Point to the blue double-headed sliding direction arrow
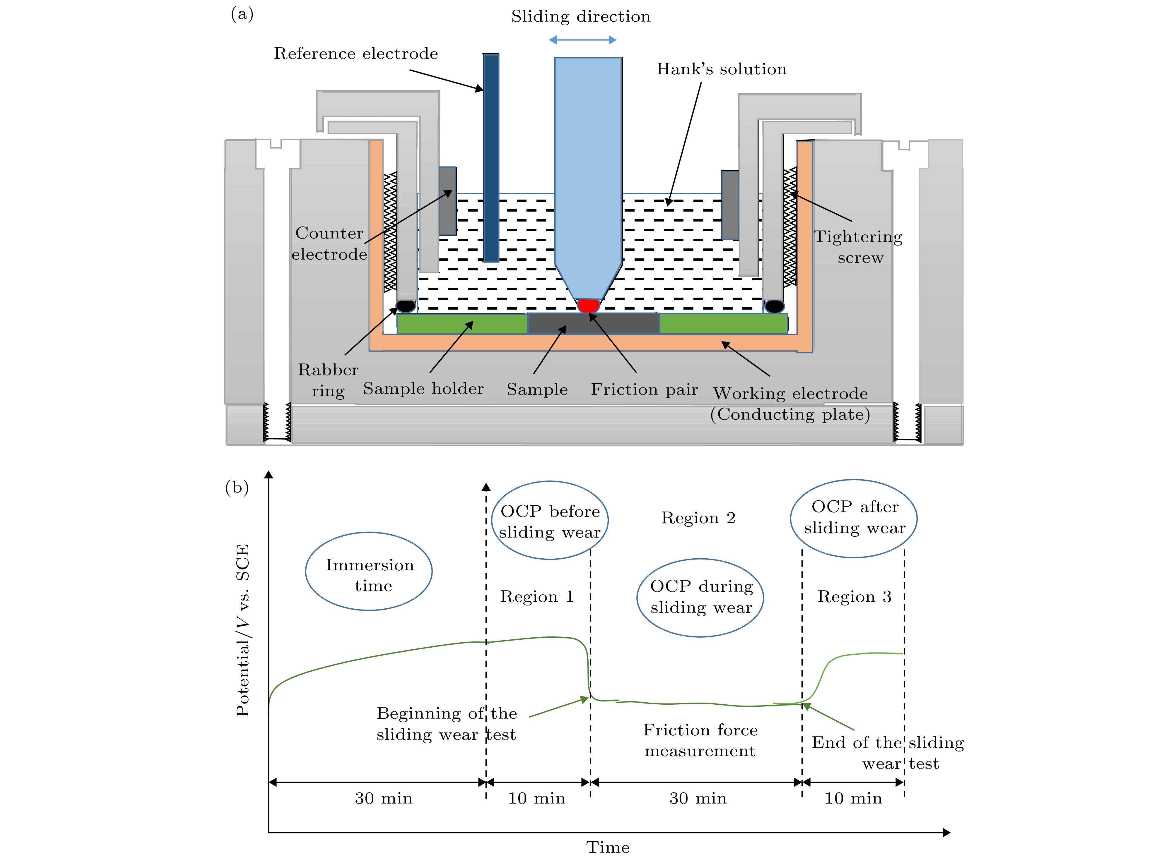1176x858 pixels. (582, 40)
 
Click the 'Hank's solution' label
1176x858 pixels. (721, 69)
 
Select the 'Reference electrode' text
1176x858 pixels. (356, 54)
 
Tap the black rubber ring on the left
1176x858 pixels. (406, 306)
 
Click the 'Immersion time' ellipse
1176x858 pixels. (369, 571)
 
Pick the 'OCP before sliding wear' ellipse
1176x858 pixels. (550, 520)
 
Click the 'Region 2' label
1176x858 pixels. (698, 518)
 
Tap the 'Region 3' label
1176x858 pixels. (854, 597)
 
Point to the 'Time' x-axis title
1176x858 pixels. (608, 847)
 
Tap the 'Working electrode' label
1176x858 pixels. (790, 394)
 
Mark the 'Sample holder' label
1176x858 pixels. (423, 389)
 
